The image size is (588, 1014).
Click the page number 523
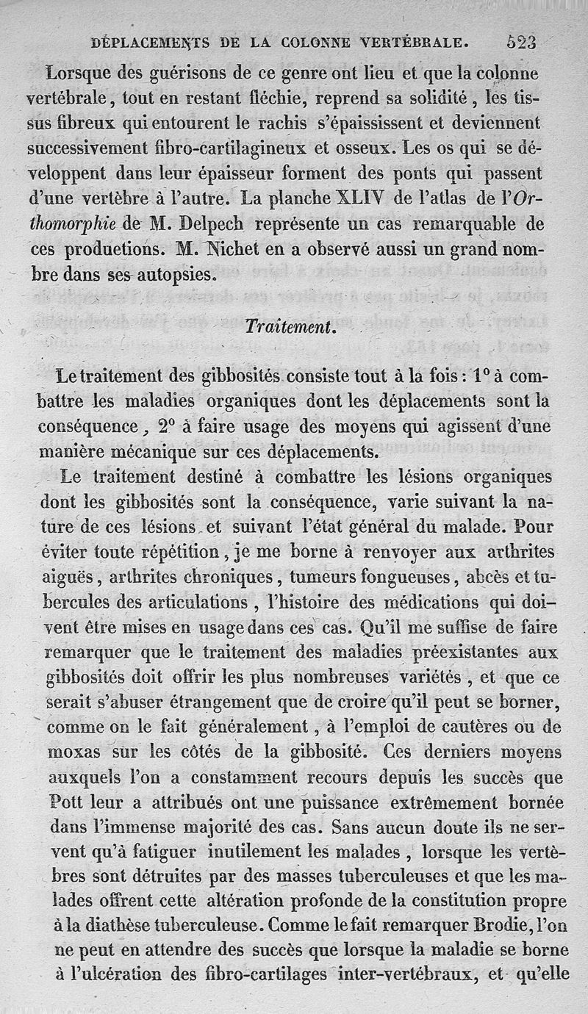(x=521, y=42)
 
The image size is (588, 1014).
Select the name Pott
(x=62, y=801)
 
